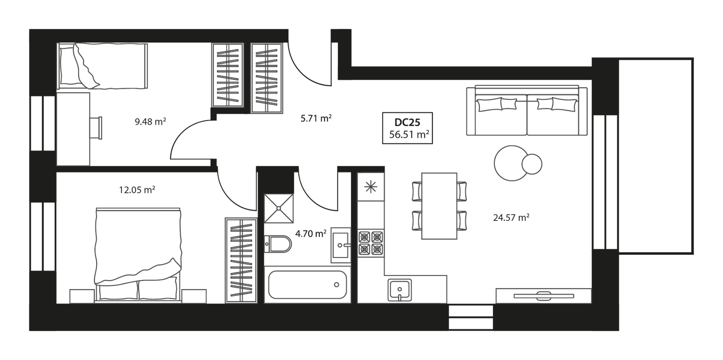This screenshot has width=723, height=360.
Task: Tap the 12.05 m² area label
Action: click(137, 190)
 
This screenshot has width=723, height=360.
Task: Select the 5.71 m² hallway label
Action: click(316, 119)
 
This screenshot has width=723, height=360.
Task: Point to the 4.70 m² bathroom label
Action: click(310, 234)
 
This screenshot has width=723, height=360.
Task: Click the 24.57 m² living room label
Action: click(511, 218)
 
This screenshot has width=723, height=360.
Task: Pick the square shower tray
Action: click(279, 207)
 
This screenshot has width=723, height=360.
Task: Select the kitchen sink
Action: click(399, 289)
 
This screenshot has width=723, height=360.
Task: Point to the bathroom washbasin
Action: click(341, 245)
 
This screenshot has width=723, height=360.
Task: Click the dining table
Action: click(439, 205)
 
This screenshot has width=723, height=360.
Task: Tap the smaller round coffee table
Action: click(531, 163)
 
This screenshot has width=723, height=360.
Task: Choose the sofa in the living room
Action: click(527, 111)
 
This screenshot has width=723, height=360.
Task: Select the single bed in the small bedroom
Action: click(103, 66)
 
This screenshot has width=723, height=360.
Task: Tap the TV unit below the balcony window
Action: click(543, 295)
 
